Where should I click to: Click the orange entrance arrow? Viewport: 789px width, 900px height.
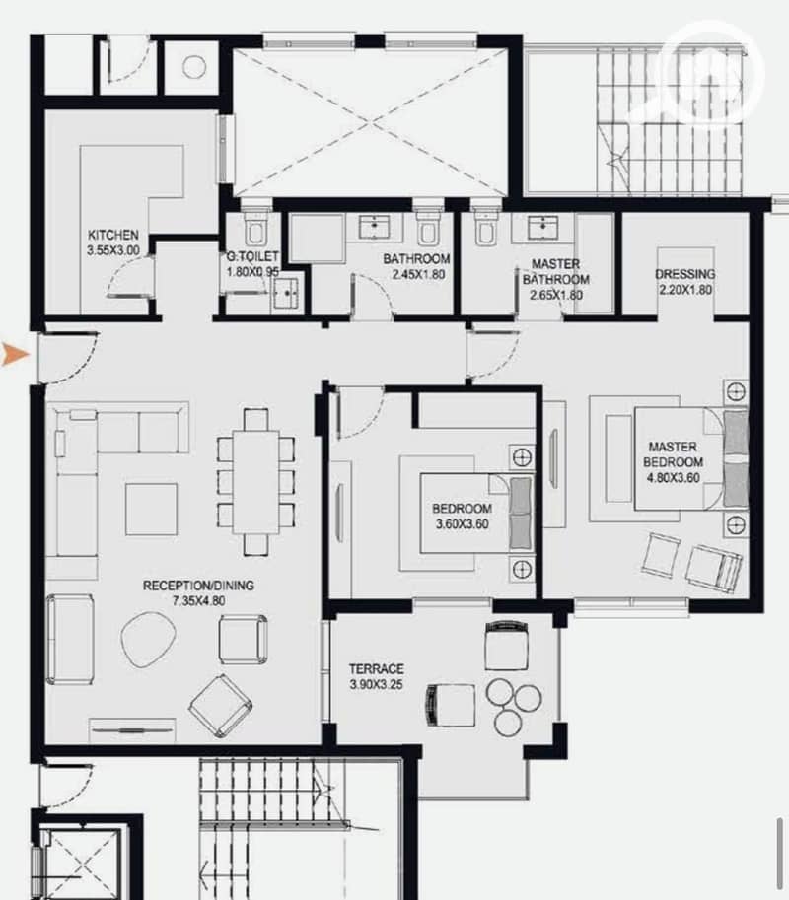coord(15,354)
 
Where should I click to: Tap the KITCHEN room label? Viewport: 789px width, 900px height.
coord(113,235)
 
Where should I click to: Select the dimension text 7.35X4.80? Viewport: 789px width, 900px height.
coord(198,601)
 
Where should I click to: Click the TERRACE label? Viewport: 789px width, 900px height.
coord(376,668)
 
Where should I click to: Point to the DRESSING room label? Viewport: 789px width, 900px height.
coord(685,274)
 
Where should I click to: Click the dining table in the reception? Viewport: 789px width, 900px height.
coord(255,482)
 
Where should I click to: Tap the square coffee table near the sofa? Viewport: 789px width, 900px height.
coord(151,509)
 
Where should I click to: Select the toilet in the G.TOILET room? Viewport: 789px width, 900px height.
coord(255,229)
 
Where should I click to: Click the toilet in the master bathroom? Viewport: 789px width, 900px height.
coord(486,229)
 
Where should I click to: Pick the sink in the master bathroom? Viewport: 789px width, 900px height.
coord(542,227)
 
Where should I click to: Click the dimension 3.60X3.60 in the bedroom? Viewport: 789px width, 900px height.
coord(463,524)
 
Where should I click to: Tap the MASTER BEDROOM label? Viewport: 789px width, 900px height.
coord(673,454)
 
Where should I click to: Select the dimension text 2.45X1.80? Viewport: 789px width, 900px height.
coord(418,274)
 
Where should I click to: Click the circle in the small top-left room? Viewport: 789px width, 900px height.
coord(194,67)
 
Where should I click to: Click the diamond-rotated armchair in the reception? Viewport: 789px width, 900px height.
coord(221,706)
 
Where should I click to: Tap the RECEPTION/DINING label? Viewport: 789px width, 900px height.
coord(198,586)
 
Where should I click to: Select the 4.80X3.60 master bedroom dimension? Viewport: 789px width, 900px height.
coord(673,477)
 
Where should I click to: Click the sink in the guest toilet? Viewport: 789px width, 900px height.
coord(287,294)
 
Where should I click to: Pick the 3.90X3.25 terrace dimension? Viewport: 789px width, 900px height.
coord(376,684)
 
